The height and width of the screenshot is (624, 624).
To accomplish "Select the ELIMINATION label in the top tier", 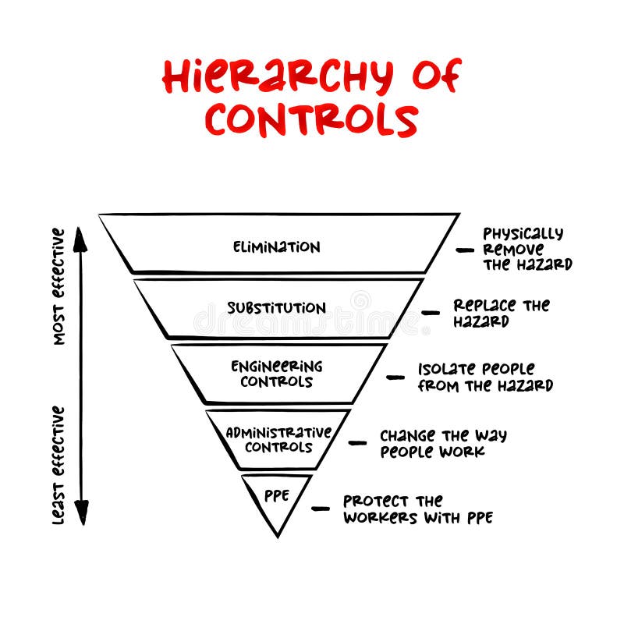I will coord(276,247).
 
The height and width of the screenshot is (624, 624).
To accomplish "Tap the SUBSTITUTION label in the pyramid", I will coord(276,307).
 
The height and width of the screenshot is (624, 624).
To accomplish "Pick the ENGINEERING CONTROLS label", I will coord(276,374).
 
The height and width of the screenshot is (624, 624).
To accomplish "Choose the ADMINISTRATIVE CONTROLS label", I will coord(278,439).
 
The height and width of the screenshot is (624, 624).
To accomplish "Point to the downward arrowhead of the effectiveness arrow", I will coord(80,514).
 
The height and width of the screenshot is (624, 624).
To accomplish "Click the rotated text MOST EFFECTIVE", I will coord(59,286).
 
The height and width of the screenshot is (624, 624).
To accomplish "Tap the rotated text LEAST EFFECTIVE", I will coord(59,465).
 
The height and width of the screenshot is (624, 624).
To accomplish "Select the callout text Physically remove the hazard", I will coord(526,249).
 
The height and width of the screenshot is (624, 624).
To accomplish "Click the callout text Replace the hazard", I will coord(501,313).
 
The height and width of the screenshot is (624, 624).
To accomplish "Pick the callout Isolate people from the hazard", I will coord(484,377).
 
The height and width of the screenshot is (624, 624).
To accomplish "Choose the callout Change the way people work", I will coord(442,442).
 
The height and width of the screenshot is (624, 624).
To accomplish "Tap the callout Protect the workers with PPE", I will coord(417,509).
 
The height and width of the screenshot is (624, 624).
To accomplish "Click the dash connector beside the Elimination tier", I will coord(465,250).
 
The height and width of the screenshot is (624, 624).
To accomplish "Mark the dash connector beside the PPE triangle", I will coord(321,509).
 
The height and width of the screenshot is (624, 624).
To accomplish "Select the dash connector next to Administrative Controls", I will coord(357,442).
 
